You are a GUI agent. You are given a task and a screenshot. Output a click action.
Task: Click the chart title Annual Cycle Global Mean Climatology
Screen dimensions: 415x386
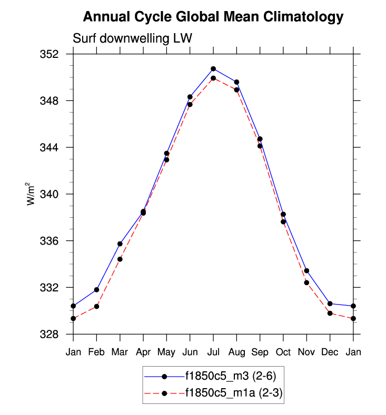coord(213,17)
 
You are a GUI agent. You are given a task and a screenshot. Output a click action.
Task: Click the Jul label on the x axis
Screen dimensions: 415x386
coord(213,352)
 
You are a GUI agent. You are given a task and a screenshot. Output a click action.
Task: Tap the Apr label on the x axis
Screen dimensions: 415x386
coord(143,352)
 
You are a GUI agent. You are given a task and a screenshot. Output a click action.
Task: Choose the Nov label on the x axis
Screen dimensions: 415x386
coord(306,352)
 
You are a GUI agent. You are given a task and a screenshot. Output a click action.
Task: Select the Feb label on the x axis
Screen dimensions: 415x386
coord(96,352)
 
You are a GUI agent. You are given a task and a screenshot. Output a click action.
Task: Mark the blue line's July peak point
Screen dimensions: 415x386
coord(213,69)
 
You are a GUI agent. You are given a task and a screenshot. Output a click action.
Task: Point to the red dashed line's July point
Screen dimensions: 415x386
coord(213,78)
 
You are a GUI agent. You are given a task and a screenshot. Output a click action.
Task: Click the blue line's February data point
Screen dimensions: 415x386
coord(96,290)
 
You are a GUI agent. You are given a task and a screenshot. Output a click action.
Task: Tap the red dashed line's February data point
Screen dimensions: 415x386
coord(96,307)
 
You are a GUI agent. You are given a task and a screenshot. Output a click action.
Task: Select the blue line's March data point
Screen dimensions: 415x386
coord(120,244)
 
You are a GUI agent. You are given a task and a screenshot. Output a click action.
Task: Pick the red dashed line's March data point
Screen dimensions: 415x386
coord(120,259)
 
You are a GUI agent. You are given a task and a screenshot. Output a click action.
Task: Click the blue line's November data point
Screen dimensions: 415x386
coord(306,270)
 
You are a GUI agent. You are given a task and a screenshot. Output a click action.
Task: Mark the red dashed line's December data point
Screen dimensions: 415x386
coord(330,313)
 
